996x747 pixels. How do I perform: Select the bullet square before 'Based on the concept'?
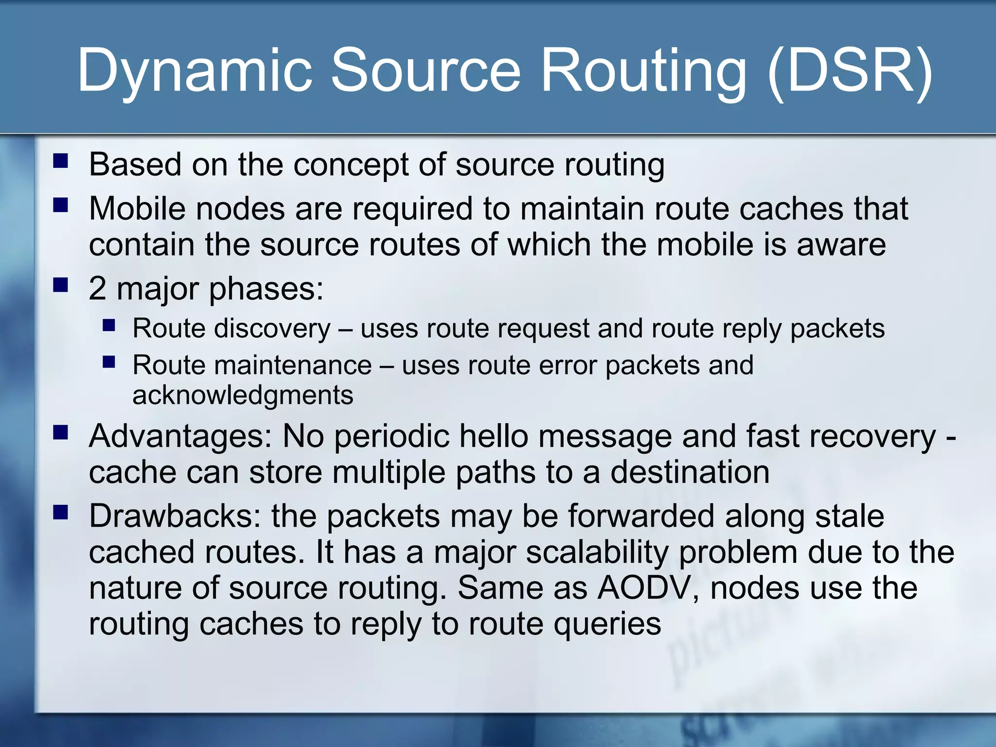tap(61, 161)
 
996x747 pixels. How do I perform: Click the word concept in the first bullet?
tap(351, 165)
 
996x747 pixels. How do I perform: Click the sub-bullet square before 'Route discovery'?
tap(109, 325)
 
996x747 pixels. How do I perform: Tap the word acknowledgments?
tap(243, 395)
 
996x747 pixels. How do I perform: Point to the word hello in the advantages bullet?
tap(493, 436)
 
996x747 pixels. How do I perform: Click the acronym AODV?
tap(647, 588)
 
